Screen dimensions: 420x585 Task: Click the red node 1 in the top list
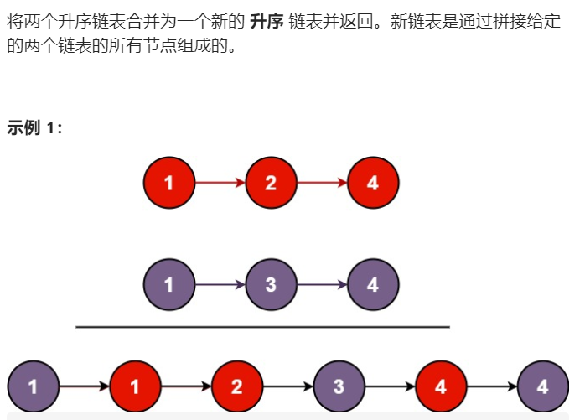169,182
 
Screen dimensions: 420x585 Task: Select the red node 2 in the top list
271,182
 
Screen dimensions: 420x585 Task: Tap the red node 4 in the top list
373,182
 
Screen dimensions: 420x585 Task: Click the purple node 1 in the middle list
169,285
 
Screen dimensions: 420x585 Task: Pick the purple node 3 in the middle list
271,285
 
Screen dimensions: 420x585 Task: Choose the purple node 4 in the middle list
373,285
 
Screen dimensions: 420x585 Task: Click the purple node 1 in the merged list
33,387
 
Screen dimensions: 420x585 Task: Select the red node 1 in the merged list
134,387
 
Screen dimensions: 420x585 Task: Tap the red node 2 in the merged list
236,387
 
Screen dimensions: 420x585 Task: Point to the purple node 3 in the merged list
339,387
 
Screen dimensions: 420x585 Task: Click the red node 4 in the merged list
441,387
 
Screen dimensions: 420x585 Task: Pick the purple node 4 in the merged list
543,387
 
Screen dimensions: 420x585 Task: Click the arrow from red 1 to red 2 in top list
220,182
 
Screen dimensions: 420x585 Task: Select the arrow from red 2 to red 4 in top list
322,182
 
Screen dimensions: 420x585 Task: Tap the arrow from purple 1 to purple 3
220,285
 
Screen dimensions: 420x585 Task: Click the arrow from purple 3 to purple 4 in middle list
322,285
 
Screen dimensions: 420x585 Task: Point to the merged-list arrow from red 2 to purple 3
287,387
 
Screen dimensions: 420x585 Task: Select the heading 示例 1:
34,127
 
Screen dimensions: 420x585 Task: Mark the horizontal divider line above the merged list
262,327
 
